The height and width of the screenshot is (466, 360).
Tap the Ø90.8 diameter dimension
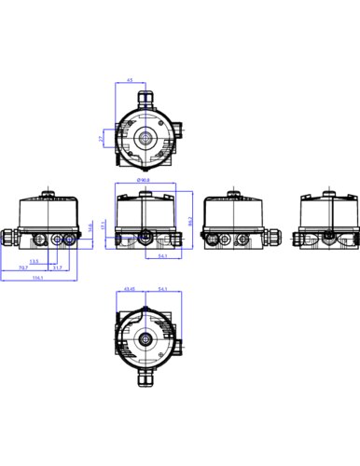[144, 180]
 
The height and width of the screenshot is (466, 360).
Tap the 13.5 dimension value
[35, 261]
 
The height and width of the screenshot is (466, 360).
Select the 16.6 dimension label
[90, 227]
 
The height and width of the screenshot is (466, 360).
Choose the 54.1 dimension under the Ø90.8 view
[162, 255]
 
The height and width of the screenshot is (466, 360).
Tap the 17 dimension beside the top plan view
[101, 138]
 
